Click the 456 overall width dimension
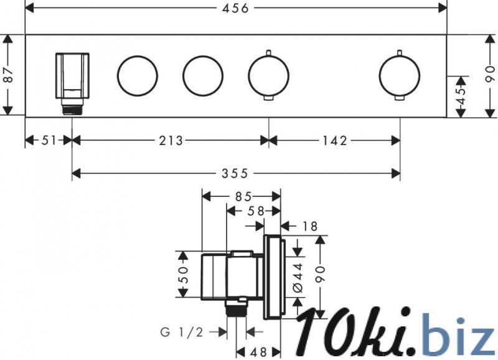click(235, 9)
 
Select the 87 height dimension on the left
click(9, 75)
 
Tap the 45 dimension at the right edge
click(461, 96)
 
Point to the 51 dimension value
click(49, 140)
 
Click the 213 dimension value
click(171, 140)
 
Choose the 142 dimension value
click(335, 140)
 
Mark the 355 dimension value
click(235, 174)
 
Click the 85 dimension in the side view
click(243, 197)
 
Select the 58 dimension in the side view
click(256, 211)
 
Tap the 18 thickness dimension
click(309, 226)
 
